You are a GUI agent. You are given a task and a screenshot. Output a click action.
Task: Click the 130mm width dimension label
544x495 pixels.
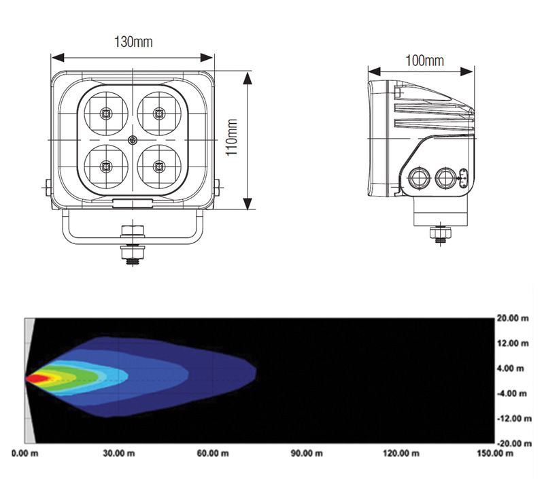point(133,42)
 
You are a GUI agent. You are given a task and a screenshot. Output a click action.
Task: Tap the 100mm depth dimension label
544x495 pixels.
point(424,61)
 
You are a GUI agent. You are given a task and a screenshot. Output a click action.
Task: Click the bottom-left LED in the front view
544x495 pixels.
point(105,166)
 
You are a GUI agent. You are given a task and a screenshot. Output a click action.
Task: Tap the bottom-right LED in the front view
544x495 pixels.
point(160,166)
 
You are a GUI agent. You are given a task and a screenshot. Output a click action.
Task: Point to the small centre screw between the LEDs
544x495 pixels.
point(133,140)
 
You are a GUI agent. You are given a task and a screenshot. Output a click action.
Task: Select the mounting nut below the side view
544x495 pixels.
point(440,234)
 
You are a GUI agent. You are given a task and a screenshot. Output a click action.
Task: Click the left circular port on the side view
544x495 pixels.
point(418,178)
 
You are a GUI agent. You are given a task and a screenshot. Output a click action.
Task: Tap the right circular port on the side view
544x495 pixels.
point(445,178)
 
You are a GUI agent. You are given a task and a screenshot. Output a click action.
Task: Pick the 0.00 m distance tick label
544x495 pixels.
point(25,453)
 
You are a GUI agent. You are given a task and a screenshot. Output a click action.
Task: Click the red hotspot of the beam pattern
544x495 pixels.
point(37,377)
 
